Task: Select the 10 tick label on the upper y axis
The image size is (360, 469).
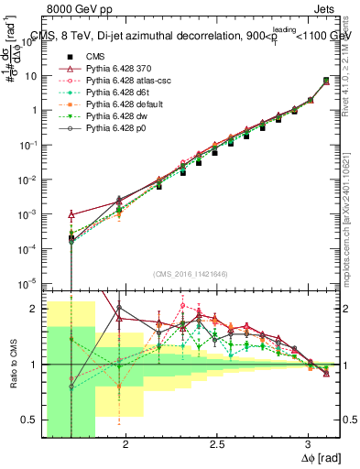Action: pyautogui.click(x=29, y=75)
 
